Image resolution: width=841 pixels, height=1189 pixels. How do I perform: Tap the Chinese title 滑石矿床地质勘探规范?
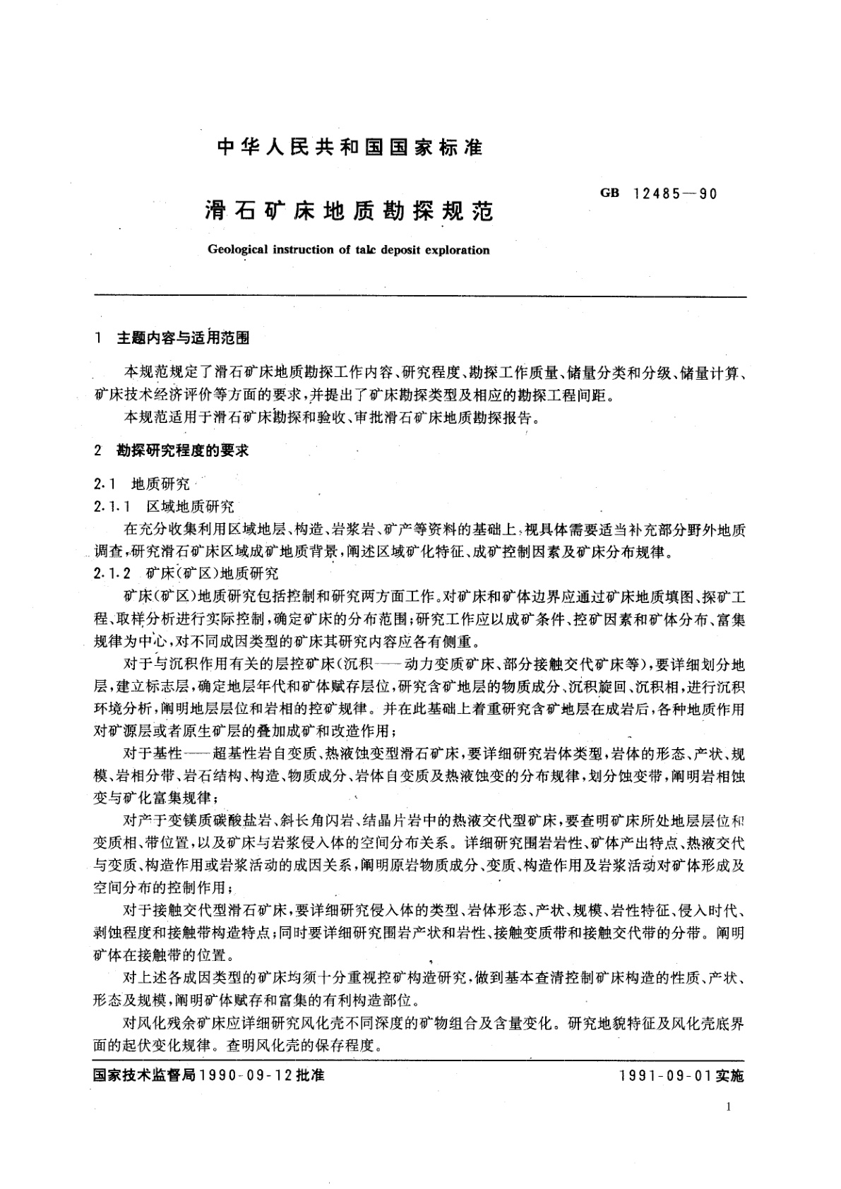click(349, 211)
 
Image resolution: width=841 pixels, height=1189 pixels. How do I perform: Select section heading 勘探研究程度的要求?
click(183, 450)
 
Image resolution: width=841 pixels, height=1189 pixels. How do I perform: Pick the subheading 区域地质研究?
click(190, 507)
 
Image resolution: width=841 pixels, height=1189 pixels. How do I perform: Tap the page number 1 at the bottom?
click(728, 1107)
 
